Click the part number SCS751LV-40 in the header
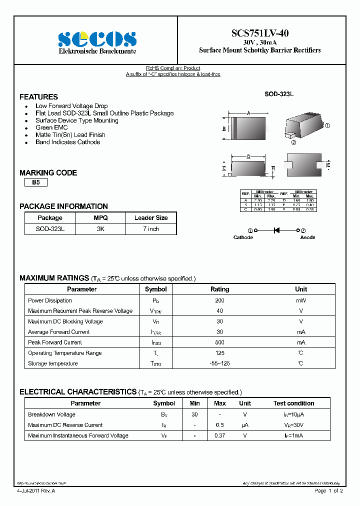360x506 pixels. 260,33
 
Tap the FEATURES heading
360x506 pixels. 38,97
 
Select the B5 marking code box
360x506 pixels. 36,182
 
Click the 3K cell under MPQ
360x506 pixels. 100,228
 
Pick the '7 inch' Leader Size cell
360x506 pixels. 150,228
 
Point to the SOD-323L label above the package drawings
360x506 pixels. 279,94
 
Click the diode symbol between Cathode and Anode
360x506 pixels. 276,230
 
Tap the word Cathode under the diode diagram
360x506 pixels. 243,237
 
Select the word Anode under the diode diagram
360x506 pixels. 307,237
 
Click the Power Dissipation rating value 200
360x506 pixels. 219,300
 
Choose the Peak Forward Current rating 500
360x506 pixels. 219,342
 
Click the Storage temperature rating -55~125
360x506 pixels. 219,363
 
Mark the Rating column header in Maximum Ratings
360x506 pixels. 219,289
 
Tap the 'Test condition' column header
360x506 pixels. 293,403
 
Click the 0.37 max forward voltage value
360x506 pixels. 219,435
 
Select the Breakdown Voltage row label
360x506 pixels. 51,414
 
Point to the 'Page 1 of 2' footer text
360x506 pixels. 328,491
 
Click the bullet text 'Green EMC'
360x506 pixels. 51,127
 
